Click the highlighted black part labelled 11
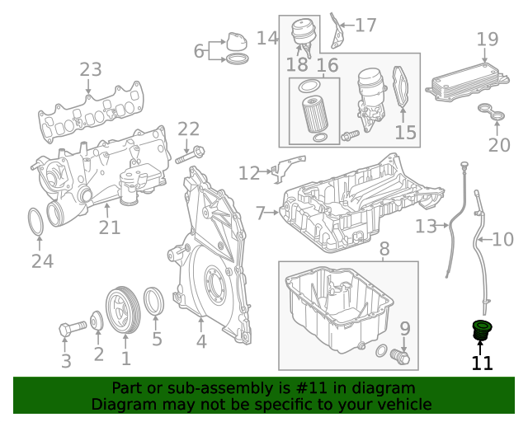pyautogui.click(x=480, y=331)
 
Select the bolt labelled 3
pyautogui.click(x=67, y=331)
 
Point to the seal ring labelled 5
pyautogui.click(x=154, y=306)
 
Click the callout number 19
pyautogui.click(x=487, y=39)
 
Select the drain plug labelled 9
pyautogui.click(x=400, y=356)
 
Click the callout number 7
pyautogui.click(x=261, y=213)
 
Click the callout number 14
pyautogui.click(x=266, y=38)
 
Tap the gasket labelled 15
pyautogui.click(x=402, y=87)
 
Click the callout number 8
pyautogui.click(x=384, y=248)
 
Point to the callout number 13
pyautogui.click(x=425, y=225)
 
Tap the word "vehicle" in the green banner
pyautogui.click(x=403, y=405)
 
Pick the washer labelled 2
pyautogui.click(x=97, y=320)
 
